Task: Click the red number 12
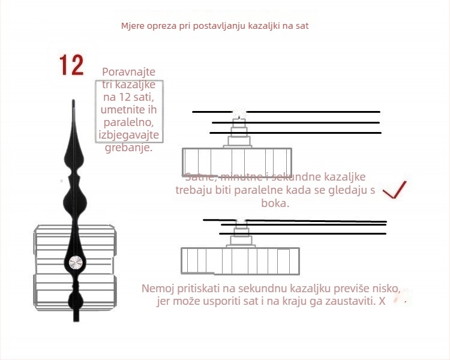(71, 65)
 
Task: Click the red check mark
(395, 190)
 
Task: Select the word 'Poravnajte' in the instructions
(127, 71)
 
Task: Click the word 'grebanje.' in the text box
(129, 148)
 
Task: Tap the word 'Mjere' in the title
(133, 26)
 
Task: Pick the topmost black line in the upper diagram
(286, 112)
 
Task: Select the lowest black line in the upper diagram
(295, 133)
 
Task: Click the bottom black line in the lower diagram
(303, 233)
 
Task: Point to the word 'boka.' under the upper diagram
(275, 203)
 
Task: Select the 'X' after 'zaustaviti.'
(382, 301)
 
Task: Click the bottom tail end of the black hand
(76, 318)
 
